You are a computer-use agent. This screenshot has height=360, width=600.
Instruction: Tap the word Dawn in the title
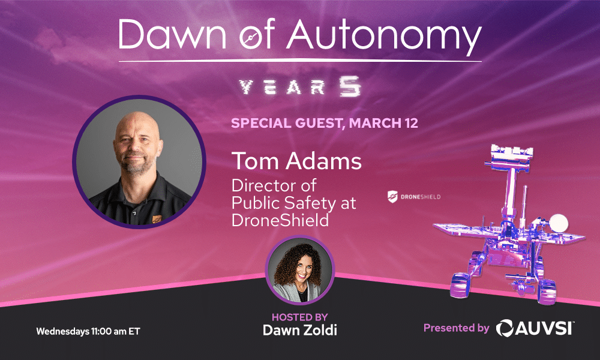point(172,34)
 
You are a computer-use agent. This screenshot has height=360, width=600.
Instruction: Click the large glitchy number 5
point(350,86)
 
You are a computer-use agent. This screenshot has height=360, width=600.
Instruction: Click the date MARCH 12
point(383,123)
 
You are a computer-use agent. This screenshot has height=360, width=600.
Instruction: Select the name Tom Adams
point(296,161)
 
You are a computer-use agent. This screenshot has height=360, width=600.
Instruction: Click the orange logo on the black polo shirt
point(157,219)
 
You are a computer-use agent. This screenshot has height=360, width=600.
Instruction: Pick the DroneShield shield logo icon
point(392,197)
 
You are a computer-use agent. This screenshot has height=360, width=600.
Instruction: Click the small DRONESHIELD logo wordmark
point(421,197)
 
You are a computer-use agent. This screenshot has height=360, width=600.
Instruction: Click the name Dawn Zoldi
point(299,330)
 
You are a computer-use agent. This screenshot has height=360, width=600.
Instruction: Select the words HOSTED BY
point(299,317)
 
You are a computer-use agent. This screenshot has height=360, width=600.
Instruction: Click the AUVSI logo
point(535,328)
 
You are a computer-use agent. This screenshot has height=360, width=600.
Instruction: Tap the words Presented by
point(456,328)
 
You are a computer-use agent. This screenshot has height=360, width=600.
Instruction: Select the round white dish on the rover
point(559,223)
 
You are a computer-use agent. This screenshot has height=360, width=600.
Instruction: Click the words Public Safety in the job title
point(284,203)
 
